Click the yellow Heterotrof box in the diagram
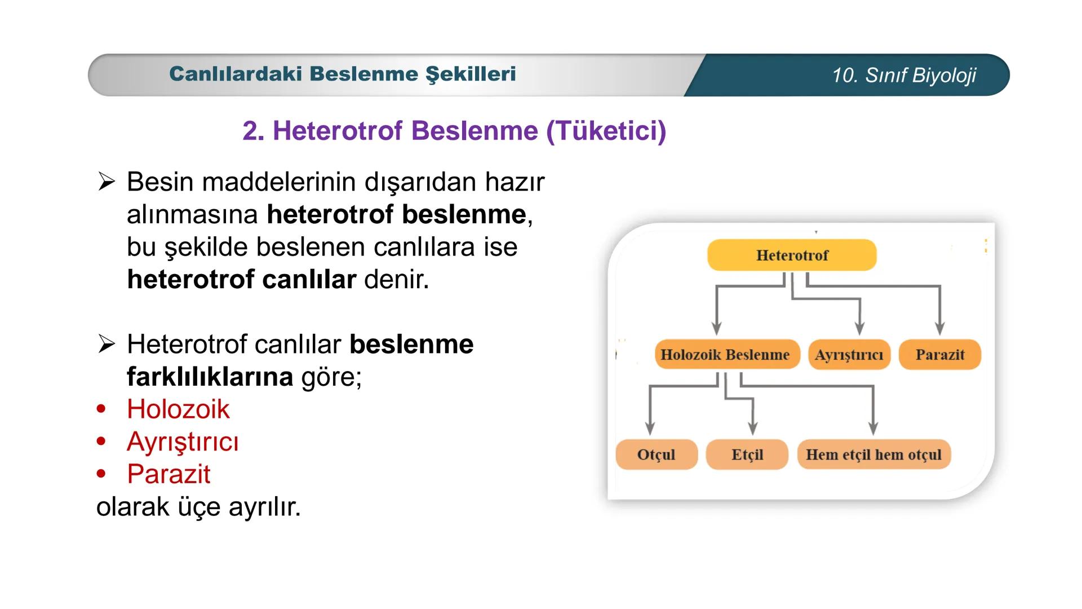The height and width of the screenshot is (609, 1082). coord(792,255)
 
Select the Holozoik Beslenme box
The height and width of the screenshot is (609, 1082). coord(726,355)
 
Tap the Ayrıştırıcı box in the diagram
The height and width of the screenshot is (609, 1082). coord(849,355)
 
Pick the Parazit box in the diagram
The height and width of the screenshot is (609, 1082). coord(939,355)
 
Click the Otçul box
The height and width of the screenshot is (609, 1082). coord(656,454)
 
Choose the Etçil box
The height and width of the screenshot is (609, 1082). coord(747,454)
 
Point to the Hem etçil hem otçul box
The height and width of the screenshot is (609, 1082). coord(873,454)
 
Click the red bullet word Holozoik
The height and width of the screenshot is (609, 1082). coord(178,409)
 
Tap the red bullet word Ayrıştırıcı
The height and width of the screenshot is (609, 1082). coord(183,442)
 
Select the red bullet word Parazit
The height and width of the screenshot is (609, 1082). coord(168,474)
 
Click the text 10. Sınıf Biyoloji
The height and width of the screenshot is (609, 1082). coord(903,75)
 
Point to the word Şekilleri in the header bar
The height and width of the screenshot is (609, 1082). coord(470,74)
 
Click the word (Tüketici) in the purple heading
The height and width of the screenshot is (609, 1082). coord(606,131)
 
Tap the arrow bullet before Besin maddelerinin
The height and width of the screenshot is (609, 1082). coord(106,182)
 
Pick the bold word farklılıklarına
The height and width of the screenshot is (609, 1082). coord(210,377)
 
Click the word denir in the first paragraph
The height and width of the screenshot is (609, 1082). coord(394,279)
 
